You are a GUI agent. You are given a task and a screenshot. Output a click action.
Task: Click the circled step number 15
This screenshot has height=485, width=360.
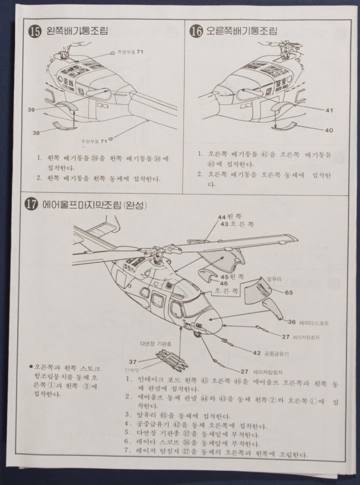click(35, 31)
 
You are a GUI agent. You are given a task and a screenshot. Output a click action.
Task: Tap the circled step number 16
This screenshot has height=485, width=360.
click(196, 31)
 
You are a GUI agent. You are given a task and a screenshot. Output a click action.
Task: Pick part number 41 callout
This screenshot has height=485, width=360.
click(328, 110)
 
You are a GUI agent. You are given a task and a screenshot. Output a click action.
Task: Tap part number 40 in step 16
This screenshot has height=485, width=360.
click(328, 130)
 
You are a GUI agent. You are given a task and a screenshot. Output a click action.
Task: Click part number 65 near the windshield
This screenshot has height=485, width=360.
click(289, 292)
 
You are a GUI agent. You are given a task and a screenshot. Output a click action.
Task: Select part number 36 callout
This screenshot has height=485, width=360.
click(291, 322)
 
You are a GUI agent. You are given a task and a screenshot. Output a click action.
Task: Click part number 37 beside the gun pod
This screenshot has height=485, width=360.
click(133, 361)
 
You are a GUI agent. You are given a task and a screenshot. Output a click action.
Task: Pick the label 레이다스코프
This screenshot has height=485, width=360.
click(317, 323)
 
